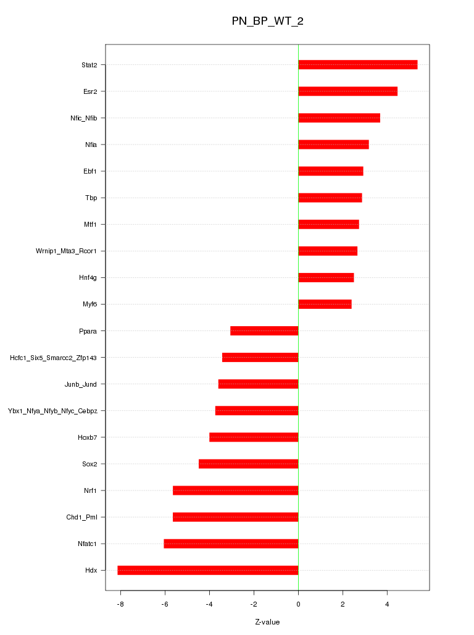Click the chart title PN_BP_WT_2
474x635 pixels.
tap(267, 21)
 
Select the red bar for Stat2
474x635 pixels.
tap(357, 65)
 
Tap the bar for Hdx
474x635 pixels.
tap(208, 570)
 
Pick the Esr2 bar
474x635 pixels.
tap(347, 91)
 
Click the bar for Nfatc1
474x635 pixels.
tap(231, 544)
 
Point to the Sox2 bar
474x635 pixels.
tap(248, 464)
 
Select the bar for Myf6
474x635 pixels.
tap(325, 304)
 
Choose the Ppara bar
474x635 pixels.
tap(264, 330)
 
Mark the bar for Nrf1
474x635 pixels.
tap(235, 490)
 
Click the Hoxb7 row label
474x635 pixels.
tap(88, 437)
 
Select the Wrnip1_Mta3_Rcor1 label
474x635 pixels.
tap(70, 251)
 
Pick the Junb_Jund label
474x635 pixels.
tap(80, 384)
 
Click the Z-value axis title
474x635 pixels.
tap(267, 622)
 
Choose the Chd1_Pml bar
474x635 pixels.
tap(235, 517)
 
